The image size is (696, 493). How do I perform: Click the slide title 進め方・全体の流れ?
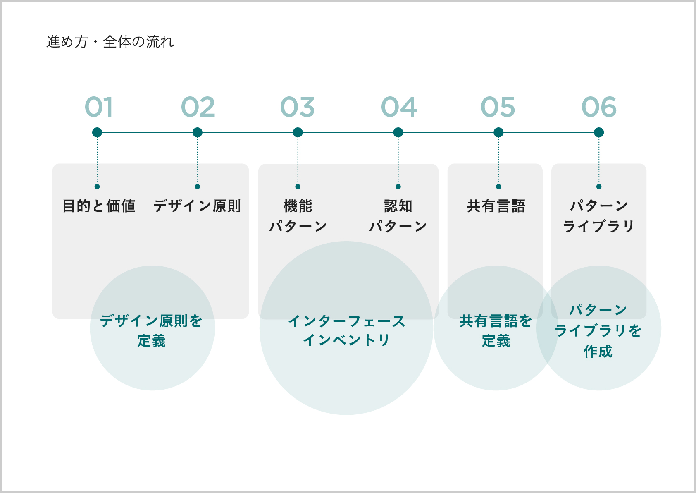[110, 42]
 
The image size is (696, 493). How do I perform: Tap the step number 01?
[98, 107]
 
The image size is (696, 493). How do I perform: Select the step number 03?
[297, 107]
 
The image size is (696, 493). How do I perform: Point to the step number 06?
[599, 107]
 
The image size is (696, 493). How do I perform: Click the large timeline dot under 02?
[197, 132]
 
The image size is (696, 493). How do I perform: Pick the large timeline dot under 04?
[398, 132]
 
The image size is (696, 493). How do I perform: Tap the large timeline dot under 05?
[498, 132]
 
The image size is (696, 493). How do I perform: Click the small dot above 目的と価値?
[97, 187]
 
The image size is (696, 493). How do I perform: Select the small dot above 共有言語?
[498, 187]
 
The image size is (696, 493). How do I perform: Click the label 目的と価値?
[99, 206]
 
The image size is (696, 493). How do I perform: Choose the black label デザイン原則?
[197, 206]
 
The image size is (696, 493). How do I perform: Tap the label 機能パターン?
[298, 216]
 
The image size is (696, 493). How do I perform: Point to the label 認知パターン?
[398, 216]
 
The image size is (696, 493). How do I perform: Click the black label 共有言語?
[496, 206]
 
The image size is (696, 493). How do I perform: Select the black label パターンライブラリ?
[599, 216]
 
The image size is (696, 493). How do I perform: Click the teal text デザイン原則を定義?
[151, 331]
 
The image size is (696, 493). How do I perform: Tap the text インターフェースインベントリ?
[346, 330]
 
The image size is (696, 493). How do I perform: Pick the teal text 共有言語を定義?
[496, 331]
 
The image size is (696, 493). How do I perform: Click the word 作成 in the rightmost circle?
[598, 351]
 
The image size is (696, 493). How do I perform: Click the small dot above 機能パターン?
[298, 187]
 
